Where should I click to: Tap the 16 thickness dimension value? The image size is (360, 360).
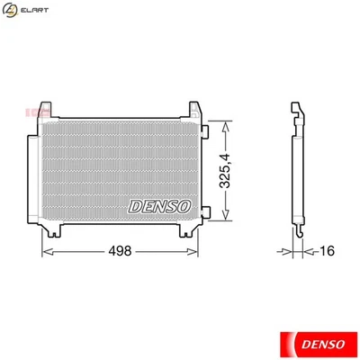[328, 252]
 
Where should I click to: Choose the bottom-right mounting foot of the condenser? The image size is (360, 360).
[190, 232]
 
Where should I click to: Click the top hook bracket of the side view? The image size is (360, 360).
[297, 112]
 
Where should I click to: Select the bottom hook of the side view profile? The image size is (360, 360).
[298, 233]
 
